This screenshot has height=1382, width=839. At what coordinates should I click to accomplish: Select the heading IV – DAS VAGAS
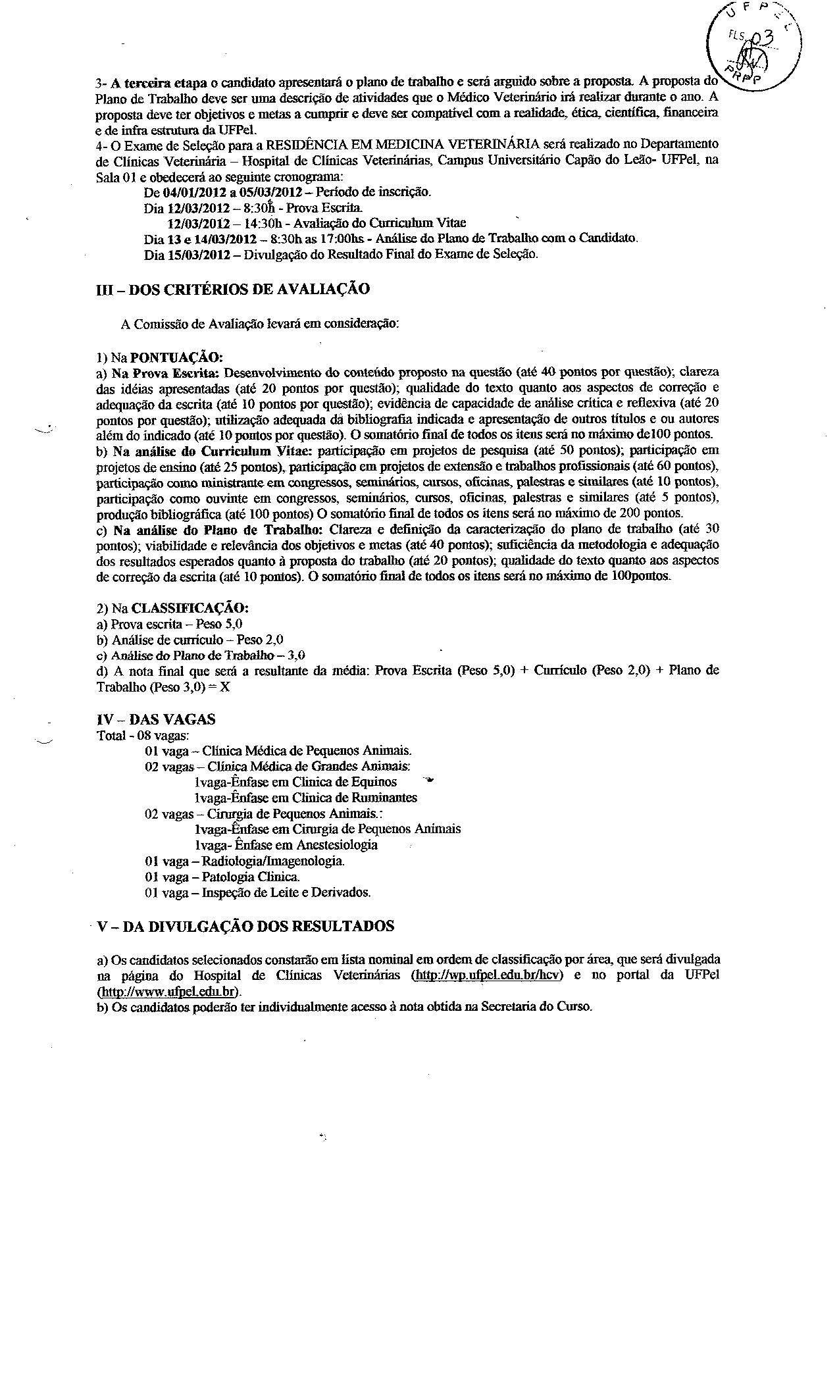click(156, 720)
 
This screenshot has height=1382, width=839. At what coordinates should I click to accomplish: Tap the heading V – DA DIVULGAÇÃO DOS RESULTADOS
click(245, 926)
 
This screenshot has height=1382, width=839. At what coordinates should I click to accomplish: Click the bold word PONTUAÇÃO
click(176, 357)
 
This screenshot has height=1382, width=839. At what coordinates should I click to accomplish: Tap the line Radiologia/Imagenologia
click(245, 861)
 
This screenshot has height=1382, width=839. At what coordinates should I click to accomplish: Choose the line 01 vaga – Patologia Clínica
click(222, 877)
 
